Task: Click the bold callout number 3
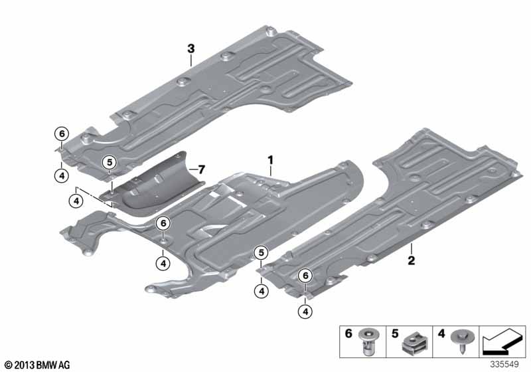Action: click(191, 48)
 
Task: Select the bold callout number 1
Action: click(270, 160)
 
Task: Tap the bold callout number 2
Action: click(411, 260)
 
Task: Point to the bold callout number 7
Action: click(202, 169)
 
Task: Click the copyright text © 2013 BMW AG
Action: click(38, 365)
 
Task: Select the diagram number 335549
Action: click(504, 364)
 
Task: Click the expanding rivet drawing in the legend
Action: click(370, 341)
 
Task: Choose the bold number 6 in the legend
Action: click(348, 333)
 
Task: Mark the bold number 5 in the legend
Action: click(395, 333)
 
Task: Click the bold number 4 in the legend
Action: click(441, 333)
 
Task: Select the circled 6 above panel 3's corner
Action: click(62, 134)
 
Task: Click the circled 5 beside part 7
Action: click(110, 163)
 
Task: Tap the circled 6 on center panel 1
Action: click(163, 224)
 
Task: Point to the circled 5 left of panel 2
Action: click(262, 252)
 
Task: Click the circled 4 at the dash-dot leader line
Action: click(76, 201)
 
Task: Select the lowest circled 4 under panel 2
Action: click(305, 312)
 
